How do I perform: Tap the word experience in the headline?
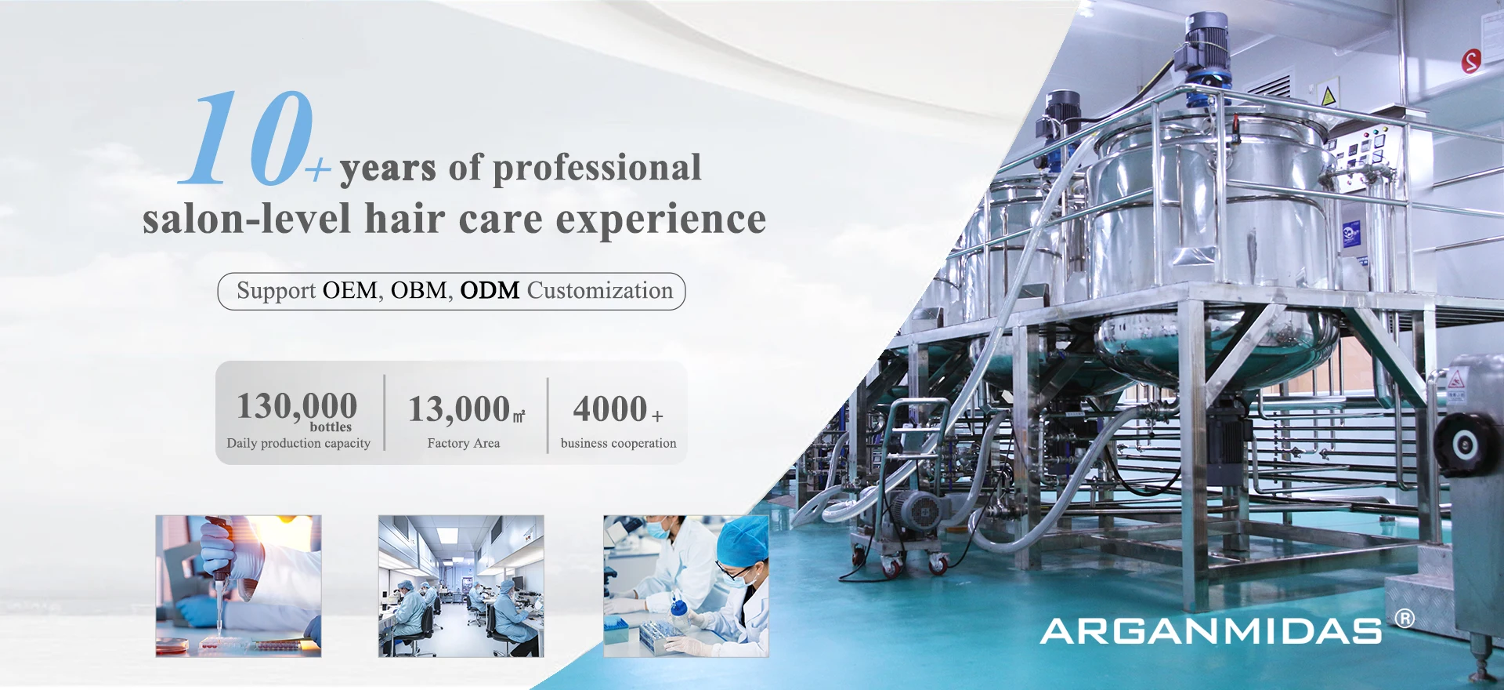[x=660, y=219]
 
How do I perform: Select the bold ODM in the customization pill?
[x=490, y=291]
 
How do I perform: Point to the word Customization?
[x=599, y=291]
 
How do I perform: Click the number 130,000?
[x=297, y=406]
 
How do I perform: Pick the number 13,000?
[x=459, y=409]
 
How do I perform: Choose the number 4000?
[x=610, y=409]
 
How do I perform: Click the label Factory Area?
[x=464, y=443]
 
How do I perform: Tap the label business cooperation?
[x=618, y=443]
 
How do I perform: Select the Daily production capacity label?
[x=298, y=443]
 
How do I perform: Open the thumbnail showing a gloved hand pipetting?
[x=238, y=586]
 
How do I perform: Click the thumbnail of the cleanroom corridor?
[x=461, y=586]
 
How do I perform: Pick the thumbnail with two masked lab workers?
[x=685, y=586]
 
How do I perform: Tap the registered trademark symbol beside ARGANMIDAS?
[x=1405, y=619]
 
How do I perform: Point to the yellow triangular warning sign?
[x=1329, y=96]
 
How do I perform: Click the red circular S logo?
[x=1471, y=60]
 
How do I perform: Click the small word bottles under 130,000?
[x=331, y=427]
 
